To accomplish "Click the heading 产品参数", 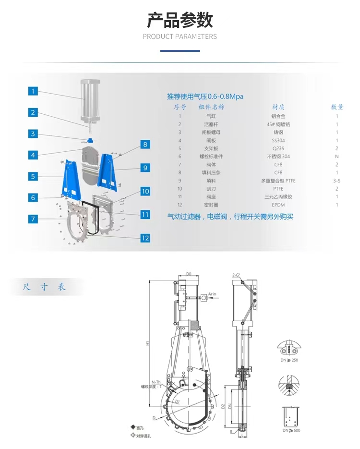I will coord(180,21).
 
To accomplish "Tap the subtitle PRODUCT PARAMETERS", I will coord(180,36).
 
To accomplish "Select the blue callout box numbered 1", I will coord(33,91).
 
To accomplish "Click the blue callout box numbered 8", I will coord(145,144).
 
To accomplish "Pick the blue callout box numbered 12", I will coord(145,238).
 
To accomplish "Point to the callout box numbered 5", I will coord(33,176).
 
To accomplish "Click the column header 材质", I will coord(278,107).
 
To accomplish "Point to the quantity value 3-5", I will coord(337,181).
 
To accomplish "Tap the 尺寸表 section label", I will coord(44,287).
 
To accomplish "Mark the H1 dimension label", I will coord(148,343).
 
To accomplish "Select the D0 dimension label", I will coord(189,274).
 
